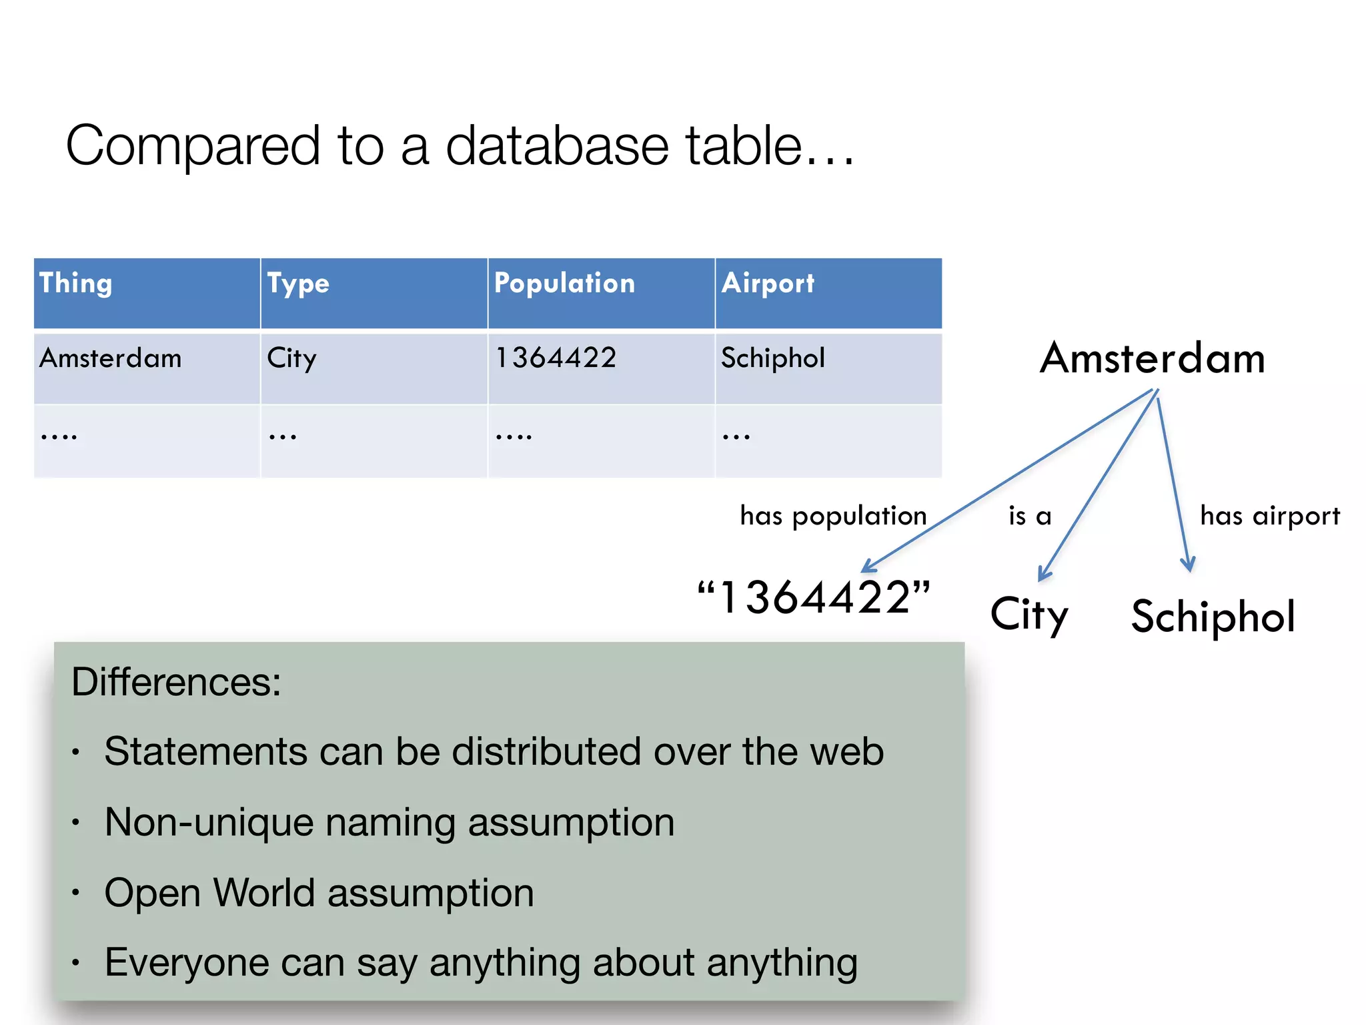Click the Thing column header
tap(75, 284)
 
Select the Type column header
tap(298, 284)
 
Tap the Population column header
tap(564, 284)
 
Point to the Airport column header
tap(768, 284)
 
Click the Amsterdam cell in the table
tap(110, 358)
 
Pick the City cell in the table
tap(291, 358)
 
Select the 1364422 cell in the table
tap(556, 358)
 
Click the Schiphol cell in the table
tap(773, 358)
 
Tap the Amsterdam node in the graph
tap(1152, 358)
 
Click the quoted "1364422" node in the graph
tap(813, 597)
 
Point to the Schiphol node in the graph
tap(1213, 616)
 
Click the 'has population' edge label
tap(833, 516)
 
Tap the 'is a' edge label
tap(1030, 516)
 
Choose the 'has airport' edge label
tap(1269, 516)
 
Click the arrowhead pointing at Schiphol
tap(1187, 565)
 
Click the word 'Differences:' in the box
tap(176, 682)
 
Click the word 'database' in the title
tap(557, 145)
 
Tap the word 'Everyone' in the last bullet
tap(186, 962)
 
